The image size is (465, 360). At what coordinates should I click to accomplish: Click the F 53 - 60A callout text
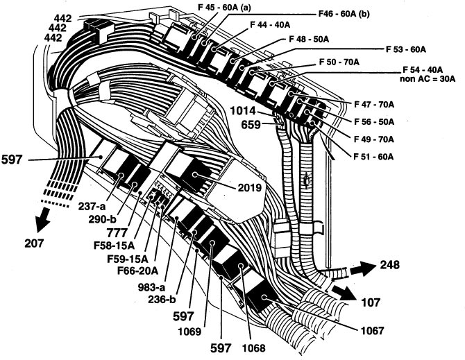[x=405, y=50]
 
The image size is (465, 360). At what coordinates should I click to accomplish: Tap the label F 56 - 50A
[x=374, y=121]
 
